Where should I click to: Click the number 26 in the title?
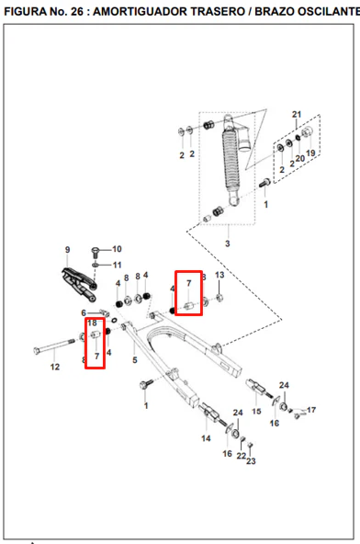click(x=77, y=11)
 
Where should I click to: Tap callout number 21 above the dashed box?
click(x=297, y=114)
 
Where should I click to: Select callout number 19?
click(x=310, y=153)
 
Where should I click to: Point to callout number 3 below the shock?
click(x=228, y=244)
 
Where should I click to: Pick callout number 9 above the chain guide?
click(x=67, y=250)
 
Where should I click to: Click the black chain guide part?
click(x=79, y=284)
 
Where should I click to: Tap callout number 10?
click(x=117, y=249)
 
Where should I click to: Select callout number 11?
click(x=118, y=265)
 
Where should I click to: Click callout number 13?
click(x=219, y=275)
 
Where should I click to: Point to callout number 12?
click(x=55, y=367)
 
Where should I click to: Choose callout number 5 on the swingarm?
click(x=135, y=360)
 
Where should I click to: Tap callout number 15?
click(x=256, y=411)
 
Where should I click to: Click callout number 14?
click(x=206, y=438)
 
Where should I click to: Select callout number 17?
click(x=311, y=410)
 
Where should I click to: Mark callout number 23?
click(x=251, y=461)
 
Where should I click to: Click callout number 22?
click(x=242, y=456)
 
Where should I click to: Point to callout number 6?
click(x=84, y=312)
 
